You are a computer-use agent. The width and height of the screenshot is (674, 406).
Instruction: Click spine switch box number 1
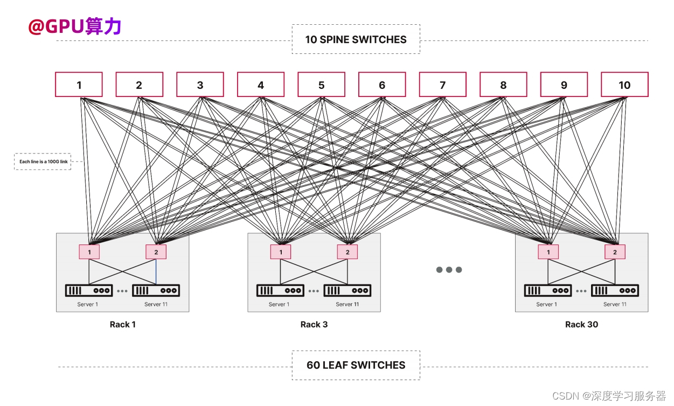click(x=79, y=85)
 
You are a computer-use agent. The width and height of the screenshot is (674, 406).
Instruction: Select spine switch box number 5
click(x=321, y=85)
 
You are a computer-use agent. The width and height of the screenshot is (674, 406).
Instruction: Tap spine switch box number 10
click(x=624, y=85)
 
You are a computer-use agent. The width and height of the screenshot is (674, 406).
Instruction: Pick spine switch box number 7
click(x=442, y=85)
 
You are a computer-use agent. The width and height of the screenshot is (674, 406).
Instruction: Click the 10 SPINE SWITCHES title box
click(x=356, y=39)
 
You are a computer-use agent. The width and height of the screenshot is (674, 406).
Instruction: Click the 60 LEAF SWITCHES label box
click(x=356, y=365)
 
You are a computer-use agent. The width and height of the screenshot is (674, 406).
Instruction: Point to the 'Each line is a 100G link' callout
click(x=43, y=162)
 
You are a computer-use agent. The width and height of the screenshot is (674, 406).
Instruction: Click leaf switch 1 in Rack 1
click(x=89, y=251)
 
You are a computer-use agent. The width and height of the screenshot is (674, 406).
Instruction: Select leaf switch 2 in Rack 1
click(x=156, y=251)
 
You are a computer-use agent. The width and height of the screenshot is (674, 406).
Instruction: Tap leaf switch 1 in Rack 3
click(x=281, y=251)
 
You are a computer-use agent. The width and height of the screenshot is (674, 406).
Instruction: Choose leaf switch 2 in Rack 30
click(x=615, y=251)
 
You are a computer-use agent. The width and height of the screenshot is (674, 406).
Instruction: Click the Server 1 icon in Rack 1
click(x=89, y=290)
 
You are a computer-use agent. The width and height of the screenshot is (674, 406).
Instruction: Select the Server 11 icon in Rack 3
click(x=348, y=290)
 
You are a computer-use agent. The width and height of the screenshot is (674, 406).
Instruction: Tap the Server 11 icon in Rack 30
click(x=615, y=290)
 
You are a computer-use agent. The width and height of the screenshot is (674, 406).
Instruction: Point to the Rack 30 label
click(x=581, y=324)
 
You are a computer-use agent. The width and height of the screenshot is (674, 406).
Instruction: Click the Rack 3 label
click(x=314, y=324)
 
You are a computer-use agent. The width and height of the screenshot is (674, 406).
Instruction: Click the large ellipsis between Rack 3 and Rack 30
click(x=449, y=270)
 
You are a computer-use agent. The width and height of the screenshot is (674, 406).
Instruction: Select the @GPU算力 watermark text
click(x=75, y=26)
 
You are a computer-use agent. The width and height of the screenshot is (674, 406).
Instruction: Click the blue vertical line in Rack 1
click(x=156, y=271)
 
